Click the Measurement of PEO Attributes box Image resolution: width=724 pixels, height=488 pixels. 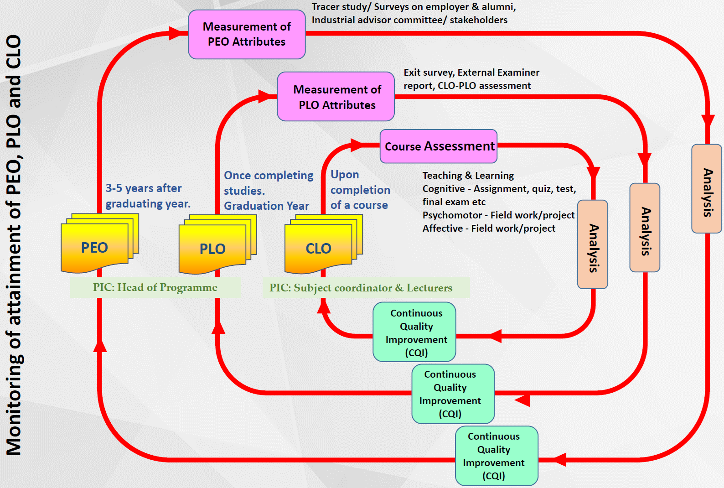(x=247, y=34)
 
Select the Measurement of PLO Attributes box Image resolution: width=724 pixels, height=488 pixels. (x=336, y=97)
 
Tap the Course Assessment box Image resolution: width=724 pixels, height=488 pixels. (x=439, y=146)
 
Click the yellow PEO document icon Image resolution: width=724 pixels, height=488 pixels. (x=95, y=247)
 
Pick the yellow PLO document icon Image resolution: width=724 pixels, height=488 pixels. (x=213, y=249)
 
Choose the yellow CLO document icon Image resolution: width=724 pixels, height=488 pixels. (x=319, y=248)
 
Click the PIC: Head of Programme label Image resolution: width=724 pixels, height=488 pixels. (x=155, y=287)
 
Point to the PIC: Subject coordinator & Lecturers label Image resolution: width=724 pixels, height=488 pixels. (x=361, y=288)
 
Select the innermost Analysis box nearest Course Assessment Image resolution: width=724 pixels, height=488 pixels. (x=592, y=244)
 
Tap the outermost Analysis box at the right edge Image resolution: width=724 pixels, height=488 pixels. (x=707, y=189)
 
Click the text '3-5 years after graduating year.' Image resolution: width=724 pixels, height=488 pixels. (x=148, y=196)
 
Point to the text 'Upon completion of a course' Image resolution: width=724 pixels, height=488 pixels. (x=360, y=190)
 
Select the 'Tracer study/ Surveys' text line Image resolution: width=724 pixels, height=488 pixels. (x=414, y=7)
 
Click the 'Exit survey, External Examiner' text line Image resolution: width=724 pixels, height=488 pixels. (x=471, y=73)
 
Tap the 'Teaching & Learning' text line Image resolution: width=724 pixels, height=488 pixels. (x=468, y=176)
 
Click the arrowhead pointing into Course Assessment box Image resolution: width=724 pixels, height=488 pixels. (x=357, y=146)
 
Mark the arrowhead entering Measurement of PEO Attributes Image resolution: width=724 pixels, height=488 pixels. (x=175, y=33)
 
